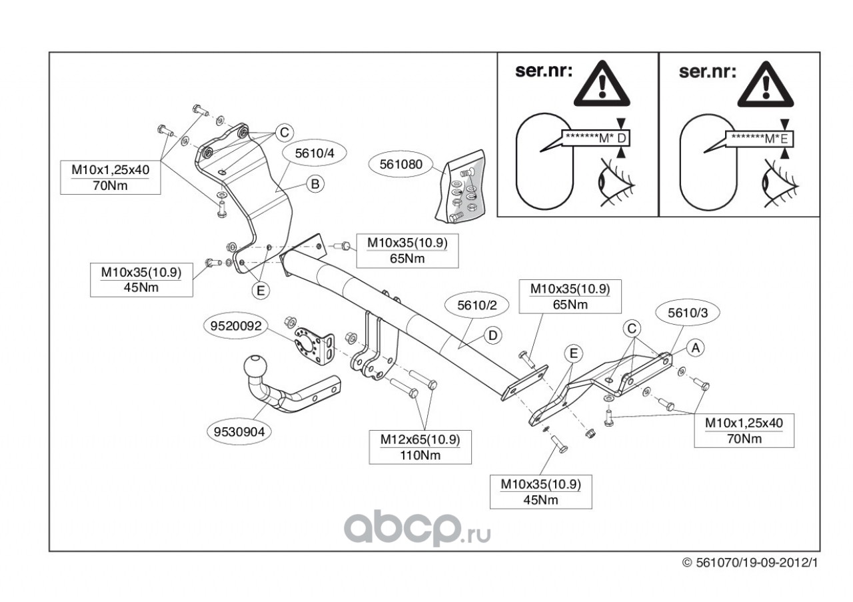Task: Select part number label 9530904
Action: [x=239, y=431]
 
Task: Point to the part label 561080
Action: [x=402, y=163]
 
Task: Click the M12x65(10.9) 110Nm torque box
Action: [x=420, y=447]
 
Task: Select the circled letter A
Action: [x=694, y=347]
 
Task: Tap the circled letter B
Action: [x=315, y=183]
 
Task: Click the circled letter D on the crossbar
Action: [x=492, y=335]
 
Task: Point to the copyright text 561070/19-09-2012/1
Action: [x=750, y=563]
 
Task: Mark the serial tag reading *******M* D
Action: [x=596, y=138]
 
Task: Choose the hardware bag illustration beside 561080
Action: [x=463, y=186]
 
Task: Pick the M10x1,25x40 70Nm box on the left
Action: [x=111, y=177]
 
